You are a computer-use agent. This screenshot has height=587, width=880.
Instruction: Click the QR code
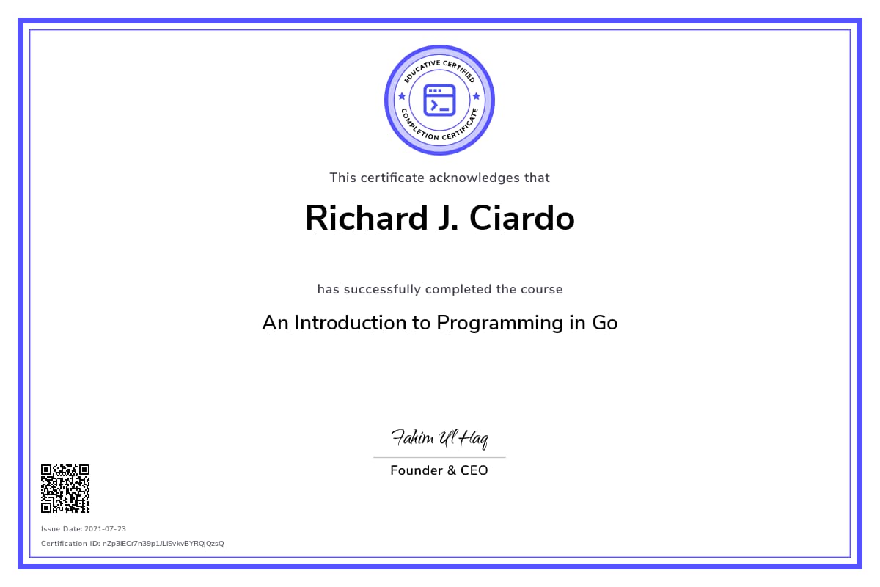[x=65, y=489]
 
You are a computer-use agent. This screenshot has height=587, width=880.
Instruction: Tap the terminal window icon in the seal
[x=439, y=101]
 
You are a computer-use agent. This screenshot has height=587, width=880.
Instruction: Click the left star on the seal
[x=402, y=96]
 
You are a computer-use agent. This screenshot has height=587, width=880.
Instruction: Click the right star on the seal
[x=477, y=96]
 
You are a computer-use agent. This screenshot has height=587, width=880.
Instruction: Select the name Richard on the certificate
[x=366, y=218]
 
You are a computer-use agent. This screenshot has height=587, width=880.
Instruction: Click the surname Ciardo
[x=522, y=218]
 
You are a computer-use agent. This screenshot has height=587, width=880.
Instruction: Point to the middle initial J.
[x=448, y=218]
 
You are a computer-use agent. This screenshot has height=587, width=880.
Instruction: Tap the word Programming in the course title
[x=499, y=324]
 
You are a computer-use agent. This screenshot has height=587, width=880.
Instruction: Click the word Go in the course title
[x=604, y=323]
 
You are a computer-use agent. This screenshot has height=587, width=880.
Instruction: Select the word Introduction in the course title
[x=351, y=323]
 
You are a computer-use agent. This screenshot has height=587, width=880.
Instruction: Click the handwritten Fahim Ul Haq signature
[x=439, y=438]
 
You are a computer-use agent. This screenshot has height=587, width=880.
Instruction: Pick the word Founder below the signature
[x=417, y=470]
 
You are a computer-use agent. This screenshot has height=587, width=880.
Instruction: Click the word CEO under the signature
[x=474, y=470]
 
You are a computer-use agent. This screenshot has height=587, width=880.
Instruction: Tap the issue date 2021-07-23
[x=106, y=529]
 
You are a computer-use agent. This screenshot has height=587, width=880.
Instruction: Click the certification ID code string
[x=163, y=544]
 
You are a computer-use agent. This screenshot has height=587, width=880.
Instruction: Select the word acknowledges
[x=474, y=178]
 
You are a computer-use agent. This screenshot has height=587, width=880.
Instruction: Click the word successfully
[x=382, y=290]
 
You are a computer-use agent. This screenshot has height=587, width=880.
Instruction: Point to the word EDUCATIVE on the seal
[x=421, y=70]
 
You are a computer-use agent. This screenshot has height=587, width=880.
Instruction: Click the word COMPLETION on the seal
[x=419, y=127]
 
